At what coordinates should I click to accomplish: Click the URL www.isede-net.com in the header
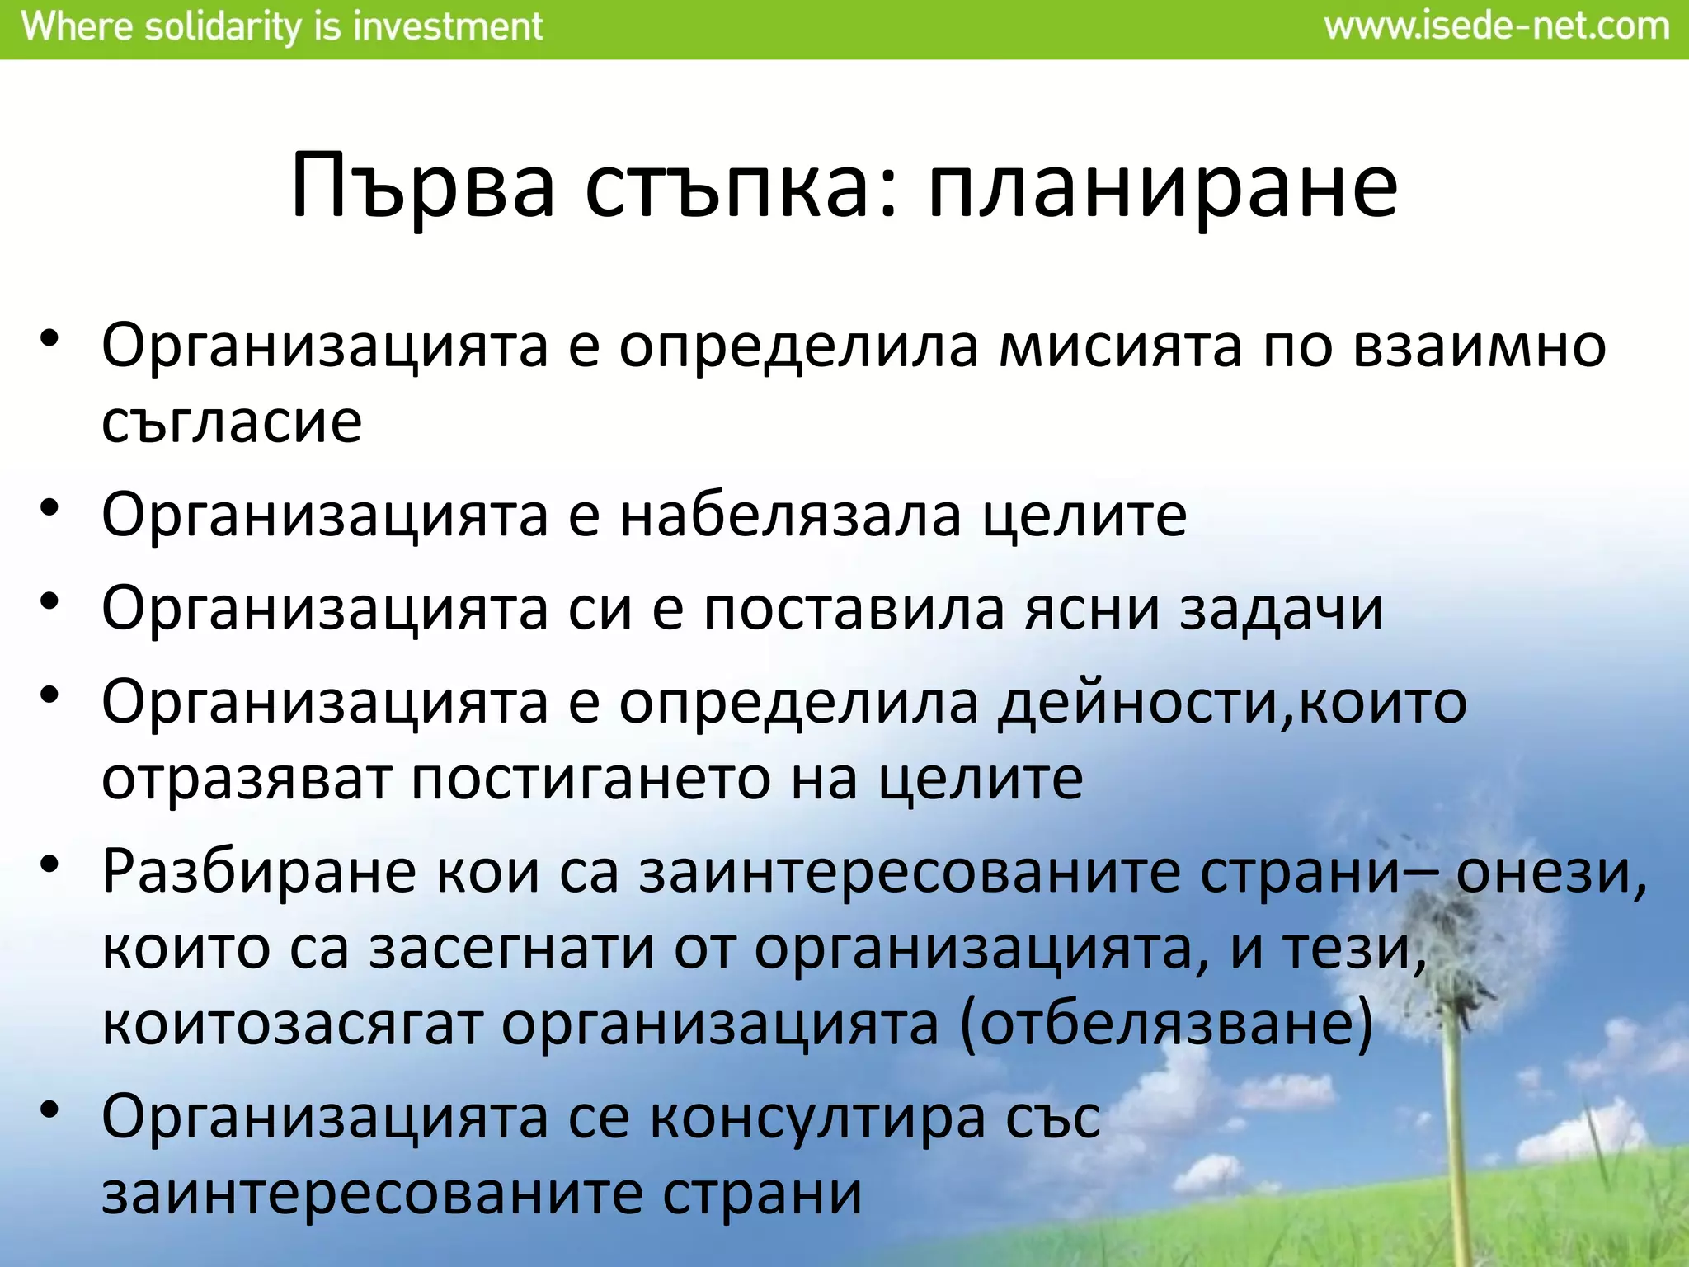[1497, 27]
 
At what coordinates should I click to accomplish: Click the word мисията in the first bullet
[1120, 346]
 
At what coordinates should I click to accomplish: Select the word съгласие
[232, 422]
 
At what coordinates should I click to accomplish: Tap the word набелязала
[790, 516]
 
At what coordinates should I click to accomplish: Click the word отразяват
[246, 780]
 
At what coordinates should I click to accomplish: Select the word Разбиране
[258, 873]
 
